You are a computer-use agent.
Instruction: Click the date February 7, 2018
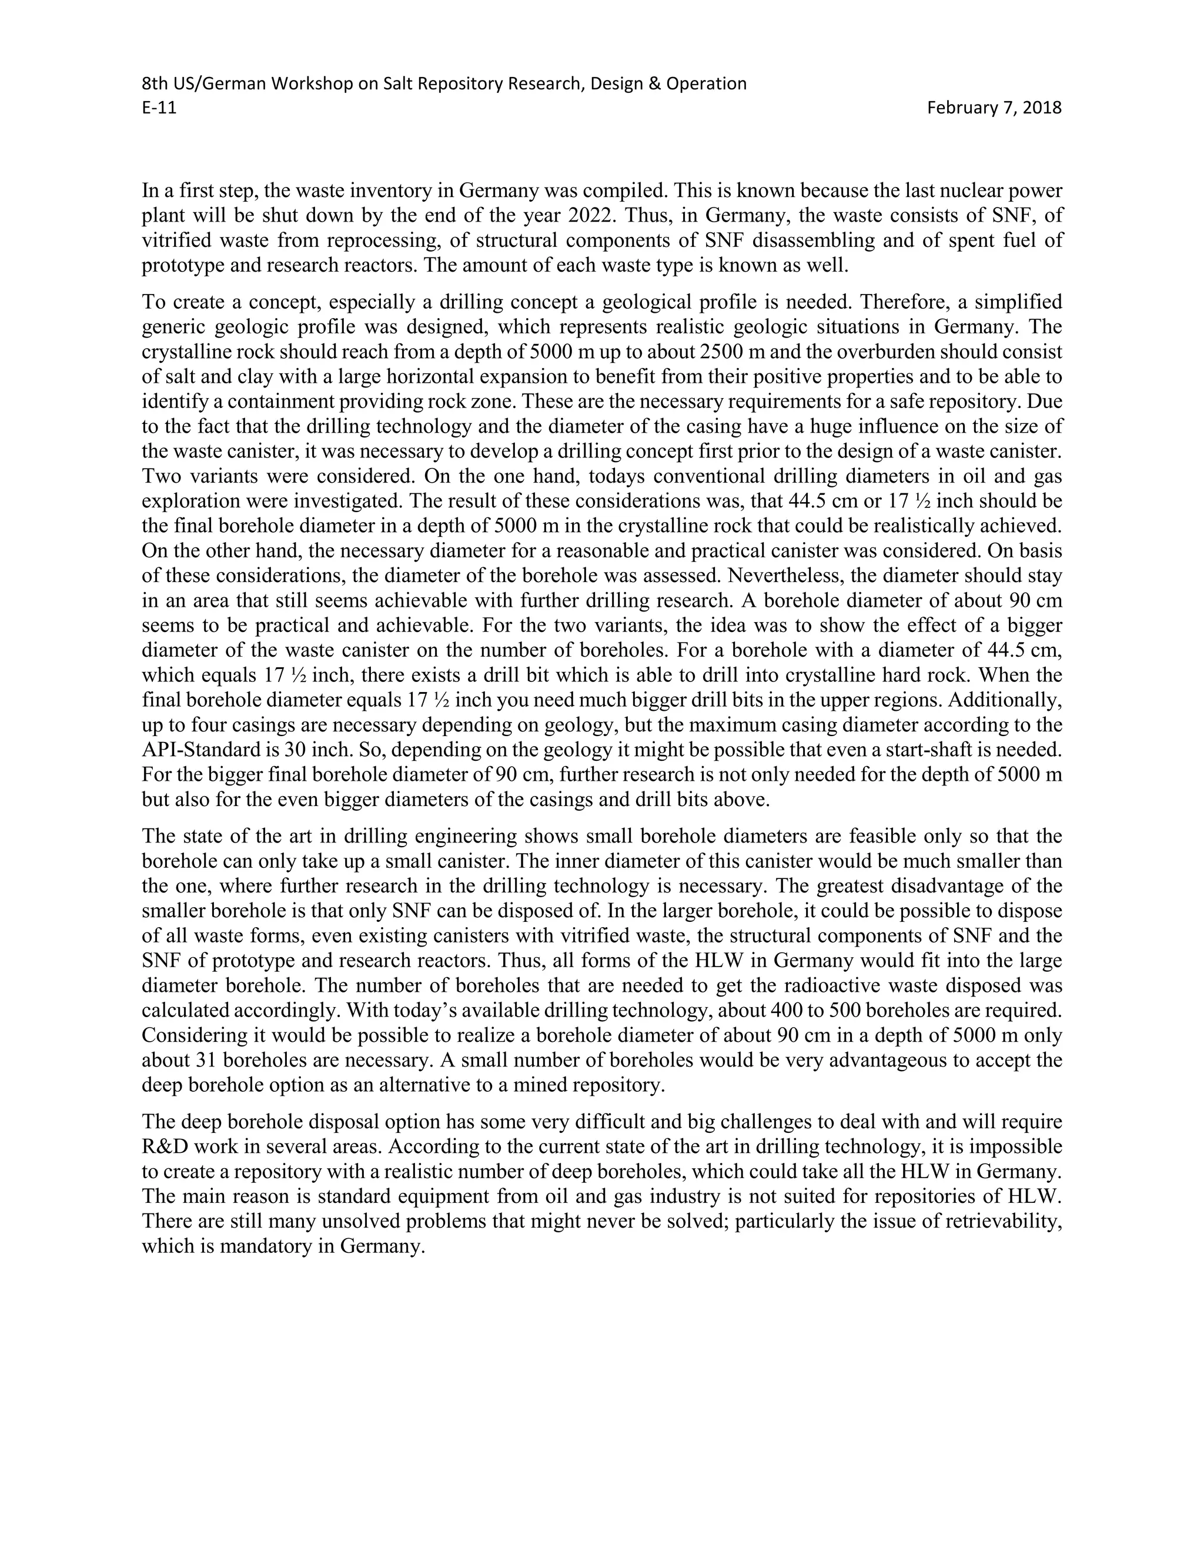tap(994, 108)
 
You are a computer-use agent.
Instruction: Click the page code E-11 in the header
tap(159, 108)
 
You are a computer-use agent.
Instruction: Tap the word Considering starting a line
tap(190, 1036)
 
